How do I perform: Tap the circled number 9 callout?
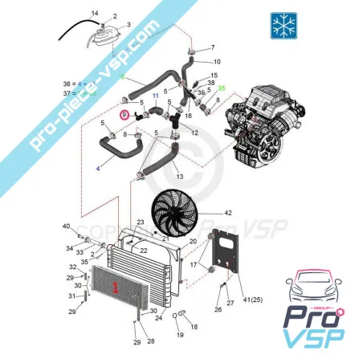pos(124,115)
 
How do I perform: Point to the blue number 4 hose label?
pos(98,169)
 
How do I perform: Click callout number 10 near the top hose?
pos(217,61)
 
